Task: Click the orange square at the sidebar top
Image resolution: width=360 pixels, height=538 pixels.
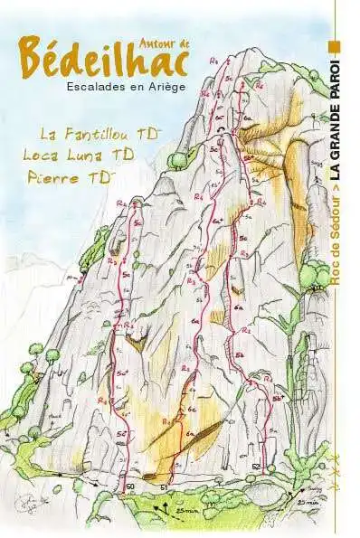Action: coord(335,46)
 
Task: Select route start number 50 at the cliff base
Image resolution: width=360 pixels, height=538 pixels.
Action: coord(130,486)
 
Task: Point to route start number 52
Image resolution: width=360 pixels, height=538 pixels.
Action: coord(257,467)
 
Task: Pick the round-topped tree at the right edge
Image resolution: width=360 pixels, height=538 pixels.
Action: coord(316,271)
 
